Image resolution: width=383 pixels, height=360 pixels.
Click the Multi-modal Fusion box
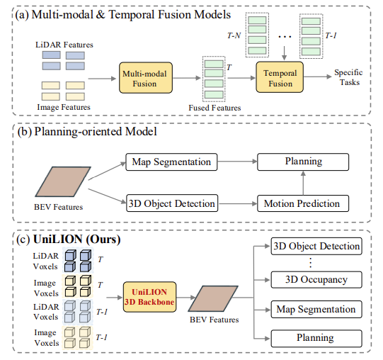[146, 78]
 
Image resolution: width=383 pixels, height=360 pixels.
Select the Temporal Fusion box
[280, 77]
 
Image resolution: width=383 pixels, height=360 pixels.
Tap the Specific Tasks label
[348, 77]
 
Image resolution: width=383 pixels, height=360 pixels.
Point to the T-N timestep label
[234, 35]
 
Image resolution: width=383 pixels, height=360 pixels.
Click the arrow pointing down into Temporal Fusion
[284, 53]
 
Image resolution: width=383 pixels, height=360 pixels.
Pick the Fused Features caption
[215, 108]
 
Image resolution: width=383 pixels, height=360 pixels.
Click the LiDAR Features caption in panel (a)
[64, 45]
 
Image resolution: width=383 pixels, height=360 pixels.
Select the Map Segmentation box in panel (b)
[171, 162]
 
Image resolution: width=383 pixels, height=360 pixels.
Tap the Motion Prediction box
[303, 203]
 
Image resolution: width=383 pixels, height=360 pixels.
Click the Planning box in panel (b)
[303, 162]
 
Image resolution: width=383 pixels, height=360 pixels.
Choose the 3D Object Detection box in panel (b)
[172, 203]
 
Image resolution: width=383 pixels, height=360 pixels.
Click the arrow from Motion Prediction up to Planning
[303, 183]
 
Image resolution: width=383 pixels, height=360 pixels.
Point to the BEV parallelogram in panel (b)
[63, 181]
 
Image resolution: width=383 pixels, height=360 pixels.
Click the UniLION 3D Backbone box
[149, 297]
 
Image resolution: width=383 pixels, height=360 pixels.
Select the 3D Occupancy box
[316, 279]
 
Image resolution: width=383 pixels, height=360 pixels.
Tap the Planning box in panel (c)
[316, 338]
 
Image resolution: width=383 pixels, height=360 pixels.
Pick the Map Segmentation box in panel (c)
[316, 310]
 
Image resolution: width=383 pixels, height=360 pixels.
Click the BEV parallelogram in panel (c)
[213, 298]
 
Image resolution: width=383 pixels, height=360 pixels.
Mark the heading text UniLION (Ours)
[77, 240]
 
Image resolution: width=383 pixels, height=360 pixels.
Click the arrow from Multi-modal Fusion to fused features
[187, 78]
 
